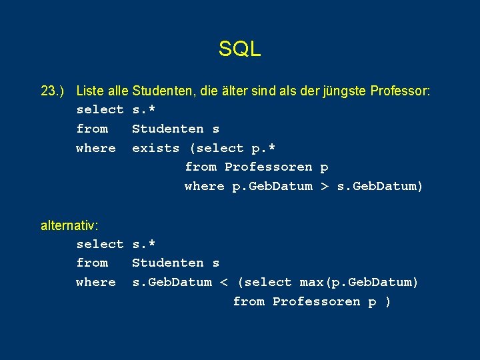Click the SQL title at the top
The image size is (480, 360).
[x=239, y=49]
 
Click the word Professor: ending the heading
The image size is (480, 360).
[x=401, y=90]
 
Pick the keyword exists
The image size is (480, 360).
[x=156, y=148]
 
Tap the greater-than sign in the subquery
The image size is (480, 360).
[x=325, y=187]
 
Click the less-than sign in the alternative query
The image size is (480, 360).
[x=225, y=283]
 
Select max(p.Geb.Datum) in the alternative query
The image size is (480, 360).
[x=359, y=283]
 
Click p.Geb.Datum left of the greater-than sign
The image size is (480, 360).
[x=272, y=187]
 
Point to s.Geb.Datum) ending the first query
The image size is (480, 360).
[x=380, y=187]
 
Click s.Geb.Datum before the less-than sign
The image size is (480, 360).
[x=172, y=283]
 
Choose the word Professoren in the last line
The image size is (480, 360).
[x=317, y=302]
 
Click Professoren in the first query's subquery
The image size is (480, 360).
[x=268, y=167]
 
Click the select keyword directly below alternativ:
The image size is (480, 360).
[x=100, y=244]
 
